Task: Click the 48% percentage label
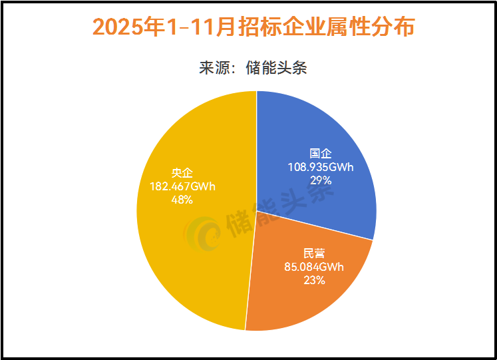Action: (x=182, y=200)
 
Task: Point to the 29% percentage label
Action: (x=321, y=180)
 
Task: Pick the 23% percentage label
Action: (x=313, y=280)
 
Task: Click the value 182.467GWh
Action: (x=182, y=187)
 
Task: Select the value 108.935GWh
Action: (x=321, y=167)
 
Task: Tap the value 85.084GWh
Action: (x=313, y=268)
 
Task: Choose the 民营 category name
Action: (x=313, y=254)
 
